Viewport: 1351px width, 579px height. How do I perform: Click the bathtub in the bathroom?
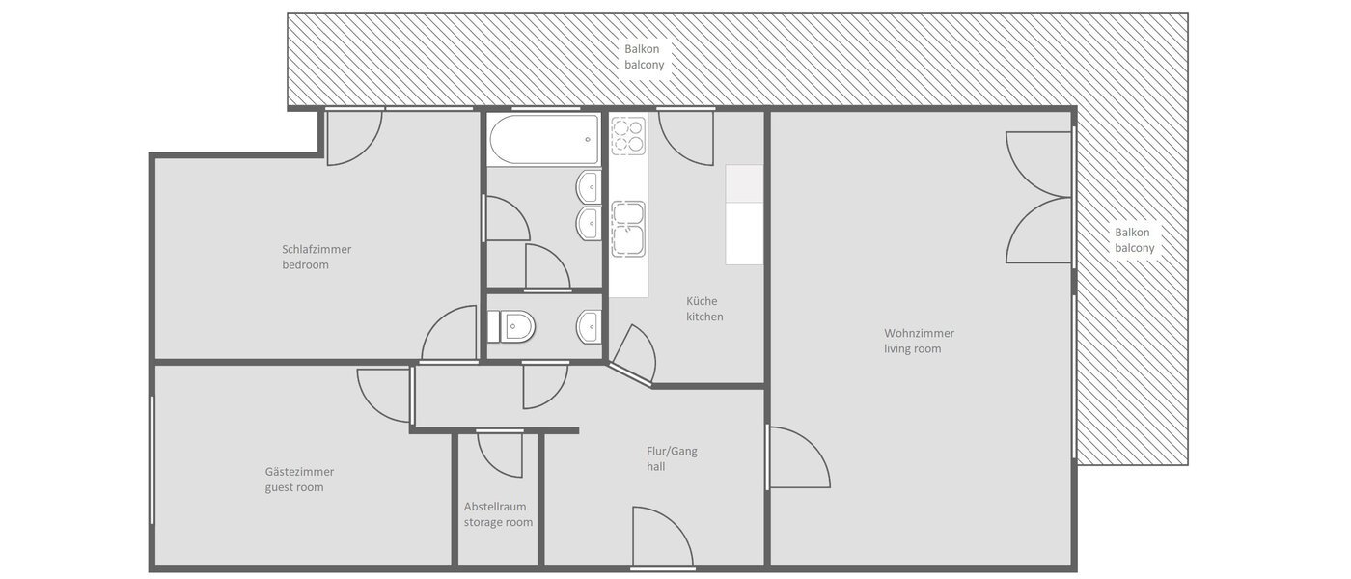coord(545,141)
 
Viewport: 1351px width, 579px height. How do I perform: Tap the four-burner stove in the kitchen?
coord(627,136)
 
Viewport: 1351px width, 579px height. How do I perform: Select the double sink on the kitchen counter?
coord(627,230)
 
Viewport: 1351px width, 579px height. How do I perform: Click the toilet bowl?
coord(511,327)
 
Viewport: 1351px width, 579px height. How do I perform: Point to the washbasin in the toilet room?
coord(590,327)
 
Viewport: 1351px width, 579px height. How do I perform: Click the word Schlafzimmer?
coord(317,249)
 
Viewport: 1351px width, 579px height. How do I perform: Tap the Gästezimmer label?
coord(299,472)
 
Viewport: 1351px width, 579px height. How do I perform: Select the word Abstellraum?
coord(495,506)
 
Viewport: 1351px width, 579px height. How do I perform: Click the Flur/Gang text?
coord(672,450)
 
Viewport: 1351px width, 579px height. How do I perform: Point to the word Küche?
coord(702,300)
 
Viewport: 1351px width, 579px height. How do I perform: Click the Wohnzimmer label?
coord(919,333)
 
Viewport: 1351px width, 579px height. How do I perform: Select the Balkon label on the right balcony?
coord(1134,233)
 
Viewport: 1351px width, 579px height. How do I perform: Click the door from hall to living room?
coord(796,457)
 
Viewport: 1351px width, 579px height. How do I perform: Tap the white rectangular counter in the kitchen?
coord(744,214)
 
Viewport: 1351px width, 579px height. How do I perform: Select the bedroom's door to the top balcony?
coord(353,137)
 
